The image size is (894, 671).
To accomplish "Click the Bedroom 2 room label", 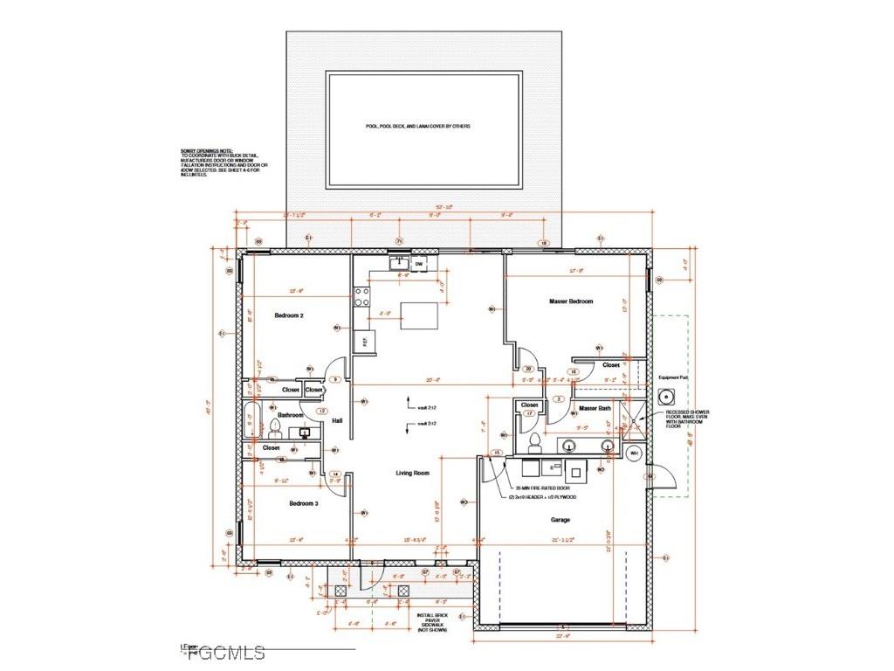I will [288, 315].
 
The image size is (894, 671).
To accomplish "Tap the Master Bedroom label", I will [571, 301].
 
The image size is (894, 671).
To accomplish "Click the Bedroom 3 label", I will [288, 504].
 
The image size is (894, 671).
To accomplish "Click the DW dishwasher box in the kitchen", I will [419, 263].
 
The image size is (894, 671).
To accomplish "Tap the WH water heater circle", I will [635, 453].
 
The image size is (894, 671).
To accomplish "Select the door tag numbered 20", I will [528, 369].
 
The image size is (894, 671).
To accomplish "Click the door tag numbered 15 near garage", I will [497, 453].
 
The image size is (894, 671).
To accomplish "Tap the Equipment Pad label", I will [674, 378].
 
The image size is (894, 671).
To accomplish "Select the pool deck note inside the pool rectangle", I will [417, 127].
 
